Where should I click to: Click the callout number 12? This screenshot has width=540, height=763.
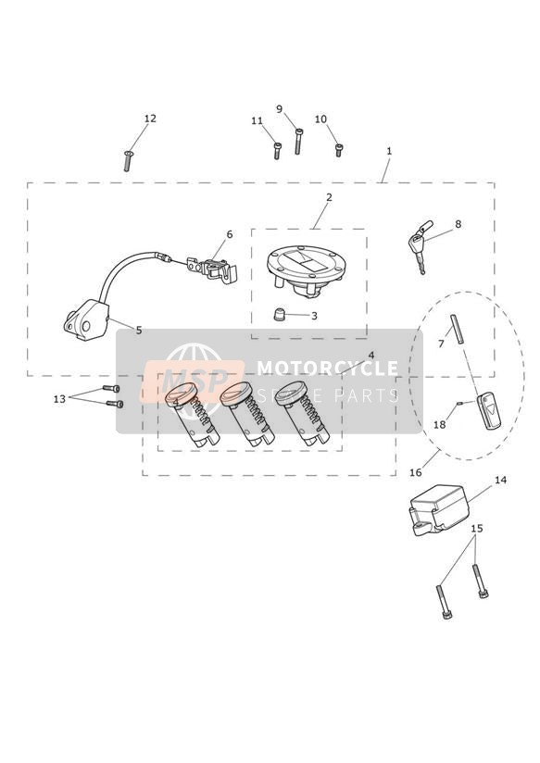[150, 119]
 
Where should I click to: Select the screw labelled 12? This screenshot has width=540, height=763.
[128, 160]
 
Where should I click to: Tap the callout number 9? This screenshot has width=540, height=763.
[280, 108]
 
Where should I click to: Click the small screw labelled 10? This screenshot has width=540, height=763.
[338, 150]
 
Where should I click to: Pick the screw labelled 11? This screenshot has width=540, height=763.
[277, 151]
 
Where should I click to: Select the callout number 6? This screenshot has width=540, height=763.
[230, 234]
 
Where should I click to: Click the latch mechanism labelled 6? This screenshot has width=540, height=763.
[212, 269]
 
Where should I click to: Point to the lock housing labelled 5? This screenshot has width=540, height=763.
[87, 320]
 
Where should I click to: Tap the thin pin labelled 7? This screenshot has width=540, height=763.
[458, 330]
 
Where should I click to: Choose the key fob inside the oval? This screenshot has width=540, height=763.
[488, 411]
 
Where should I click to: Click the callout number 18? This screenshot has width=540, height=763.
[439, 425]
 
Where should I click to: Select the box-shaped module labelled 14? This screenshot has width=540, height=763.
[439, 509]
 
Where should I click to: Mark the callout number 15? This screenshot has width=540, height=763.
[477, 529]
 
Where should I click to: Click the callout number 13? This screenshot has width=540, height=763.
[59, 399]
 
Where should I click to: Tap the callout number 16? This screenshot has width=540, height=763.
[415, 472]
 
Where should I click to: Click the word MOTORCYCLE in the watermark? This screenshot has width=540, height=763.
[327, 368]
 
